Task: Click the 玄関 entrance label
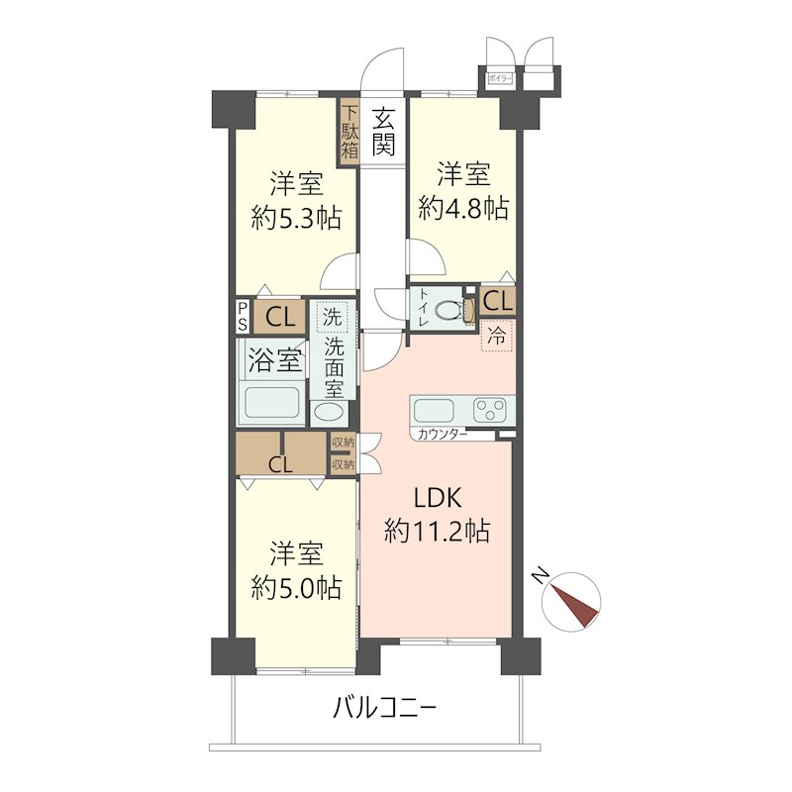point(384,132)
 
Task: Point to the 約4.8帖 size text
point(463,207)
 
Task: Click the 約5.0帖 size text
point(296,588)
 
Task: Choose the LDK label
point(437,499)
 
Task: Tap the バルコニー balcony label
point(384,709)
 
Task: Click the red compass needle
point(576,606)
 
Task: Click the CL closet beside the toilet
point(497,300)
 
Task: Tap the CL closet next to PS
point(279,318)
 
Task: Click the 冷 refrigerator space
point(498,336)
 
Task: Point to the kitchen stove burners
point(492,409)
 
